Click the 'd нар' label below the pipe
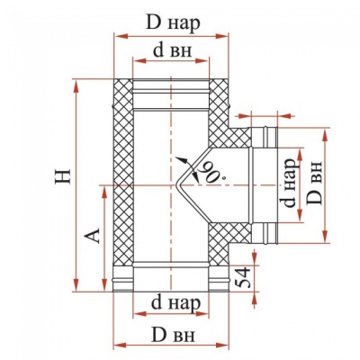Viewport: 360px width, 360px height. point(168,300)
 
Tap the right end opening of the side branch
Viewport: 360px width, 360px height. point(271,184)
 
